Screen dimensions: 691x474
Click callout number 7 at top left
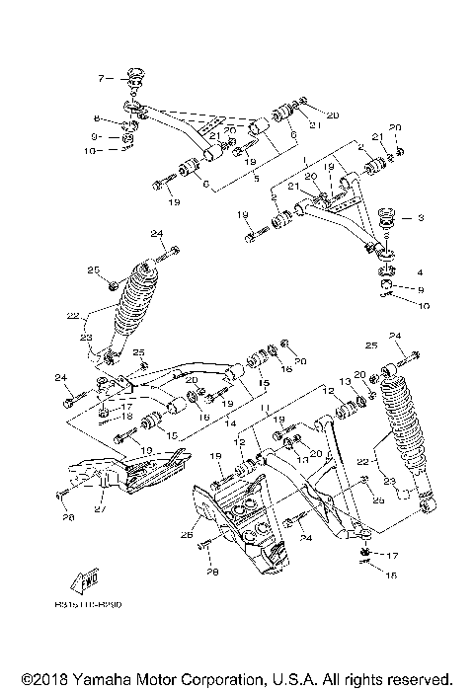click(100, 77)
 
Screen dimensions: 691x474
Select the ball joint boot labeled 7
click(135, 77)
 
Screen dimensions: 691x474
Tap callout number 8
click(98, 117)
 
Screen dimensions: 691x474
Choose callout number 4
click(420, 271)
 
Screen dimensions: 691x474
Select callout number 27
click(99, 510)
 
